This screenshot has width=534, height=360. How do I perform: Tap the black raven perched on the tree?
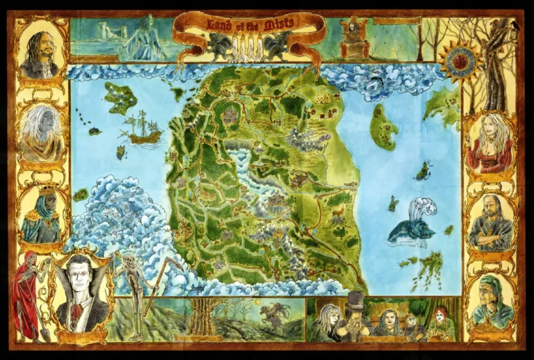click(513, 26)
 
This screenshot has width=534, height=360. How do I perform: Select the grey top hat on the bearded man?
click(355, 300)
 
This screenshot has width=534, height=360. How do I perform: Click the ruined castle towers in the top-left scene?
click(106, 31)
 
